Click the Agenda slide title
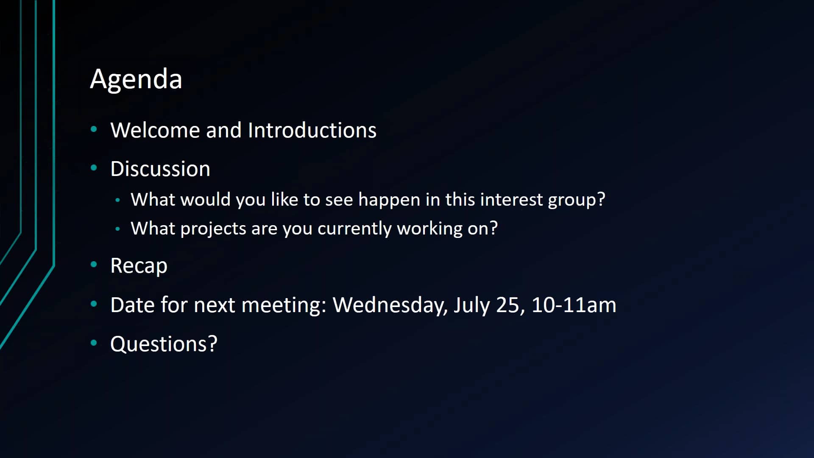pos(136,79)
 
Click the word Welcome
pos(155,130)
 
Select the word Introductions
pos(312,130)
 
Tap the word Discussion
pos(160,169)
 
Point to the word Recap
pos(139,266)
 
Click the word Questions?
pos(164,344)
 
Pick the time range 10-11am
pos(574,305)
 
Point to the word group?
pos(577,200)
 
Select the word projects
pos(213,229)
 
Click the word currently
pos(354,229)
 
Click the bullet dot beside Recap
pos(94,265)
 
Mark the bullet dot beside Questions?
pos(94,343)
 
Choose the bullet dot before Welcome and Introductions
pos(94,129)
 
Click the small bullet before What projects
pos(117,229)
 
